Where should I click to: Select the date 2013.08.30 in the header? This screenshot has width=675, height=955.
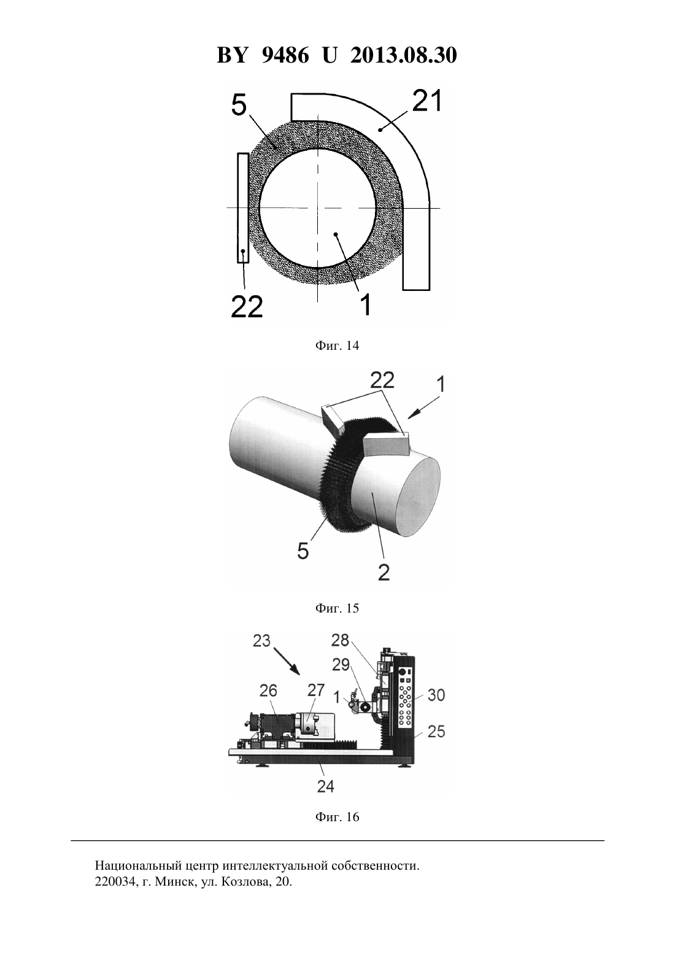click(x=404, y=55)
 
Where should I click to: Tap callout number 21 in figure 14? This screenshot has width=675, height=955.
click(x=428, y=101)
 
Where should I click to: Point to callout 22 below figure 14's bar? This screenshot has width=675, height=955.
click(x=247, y=306)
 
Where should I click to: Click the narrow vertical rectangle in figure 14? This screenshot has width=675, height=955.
click(x=243, y=208)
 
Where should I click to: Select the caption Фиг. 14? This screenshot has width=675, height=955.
click(x=337, y=346)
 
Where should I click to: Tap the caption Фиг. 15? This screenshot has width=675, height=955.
click(x=337, y=608)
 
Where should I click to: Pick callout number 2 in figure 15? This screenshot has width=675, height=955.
click(x=384, y=573)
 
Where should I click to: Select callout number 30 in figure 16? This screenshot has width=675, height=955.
click(x=436, y=695)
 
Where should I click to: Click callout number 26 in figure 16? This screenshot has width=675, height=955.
click(x=268, y=690)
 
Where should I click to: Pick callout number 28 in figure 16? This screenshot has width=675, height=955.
click(x=339, y=640)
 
